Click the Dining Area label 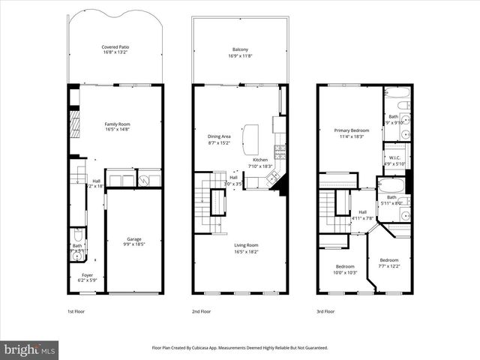tap(219, 136)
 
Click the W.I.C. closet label tap(394, 157)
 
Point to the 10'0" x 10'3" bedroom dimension tap(345, 272)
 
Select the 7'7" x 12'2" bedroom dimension tap(389, 266)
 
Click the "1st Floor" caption tap(76, 310)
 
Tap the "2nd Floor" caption tap(201, 310)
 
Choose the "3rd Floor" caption tap(324, 310)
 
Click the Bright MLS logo tap(30, 349)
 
